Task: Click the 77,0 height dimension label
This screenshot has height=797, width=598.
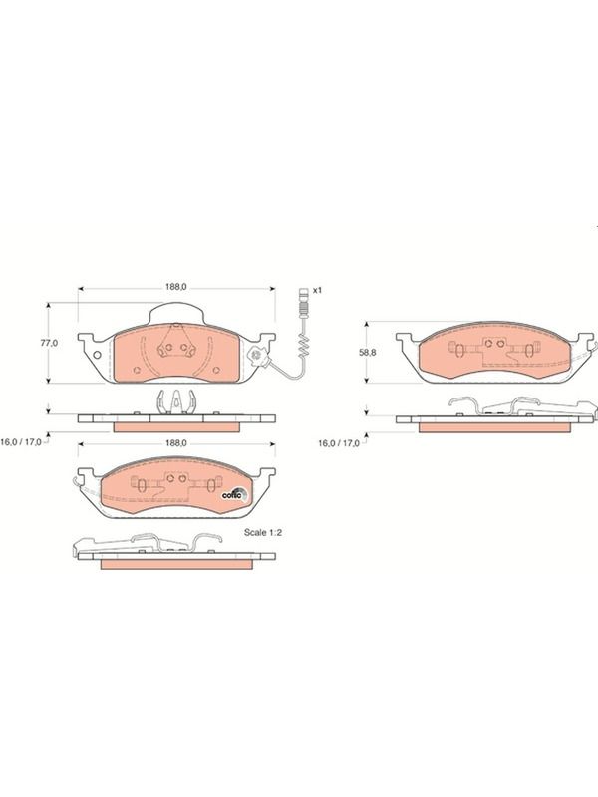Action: pyautogui.click(x=49, y=343)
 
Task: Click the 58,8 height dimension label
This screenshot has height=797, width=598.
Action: pyautogui.click(x=367, y=353)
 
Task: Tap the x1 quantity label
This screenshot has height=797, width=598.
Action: pyautogui.click(x=318, y=290)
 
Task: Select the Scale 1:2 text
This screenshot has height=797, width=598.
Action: pyautogui.click(x=263, y=533)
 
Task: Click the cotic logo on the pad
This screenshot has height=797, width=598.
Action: pyautogui.click(x=234, y=494)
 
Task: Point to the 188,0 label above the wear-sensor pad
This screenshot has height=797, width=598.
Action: pyautogui.click(x=176, y=287)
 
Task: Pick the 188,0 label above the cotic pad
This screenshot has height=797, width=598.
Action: pyautogui.click(x=176, y=443)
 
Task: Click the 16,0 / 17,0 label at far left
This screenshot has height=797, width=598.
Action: pyautogui.click(x=20, y=442)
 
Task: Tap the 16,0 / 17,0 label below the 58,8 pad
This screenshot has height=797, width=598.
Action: pyautogui.click(x=339, y=443)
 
